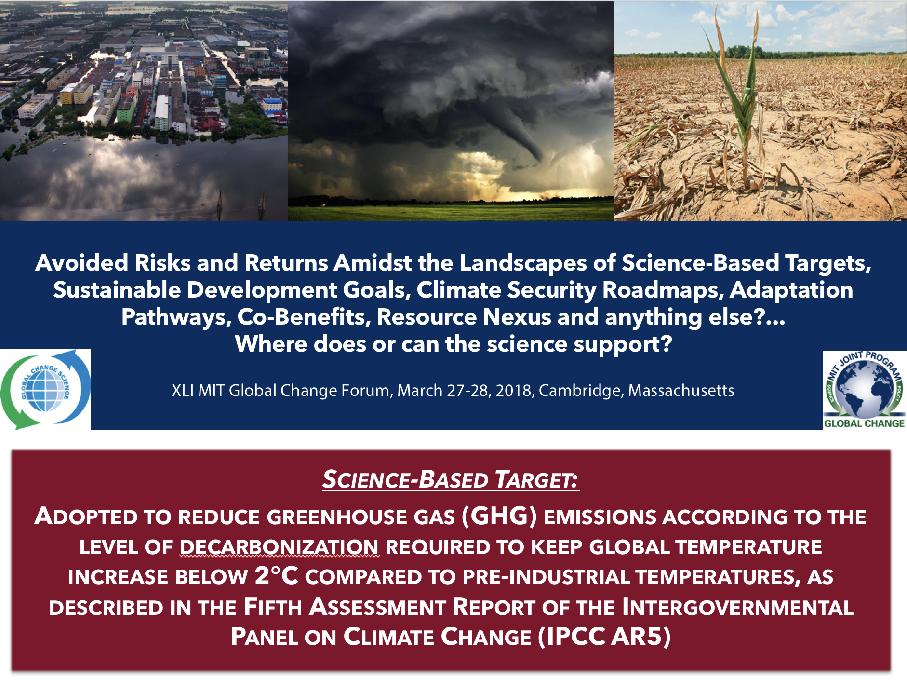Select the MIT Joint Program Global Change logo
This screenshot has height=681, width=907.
[x=865, y=390]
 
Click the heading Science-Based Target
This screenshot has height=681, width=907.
[x=451, y=479]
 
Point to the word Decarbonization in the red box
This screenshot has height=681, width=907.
[x=280, y=547]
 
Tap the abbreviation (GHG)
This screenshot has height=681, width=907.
[x=499, y=517]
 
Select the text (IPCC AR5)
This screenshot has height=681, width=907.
[x=604, y=637]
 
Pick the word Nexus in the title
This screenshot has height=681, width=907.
[x=517, y=317]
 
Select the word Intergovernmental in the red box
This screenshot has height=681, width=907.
[x=738, y=607]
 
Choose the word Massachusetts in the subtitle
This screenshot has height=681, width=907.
[x=681, y=390]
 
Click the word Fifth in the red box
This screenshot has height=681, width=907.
[x=273, y=607]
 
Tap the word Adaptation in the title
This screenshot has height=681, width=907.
[x=791, y=290]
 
